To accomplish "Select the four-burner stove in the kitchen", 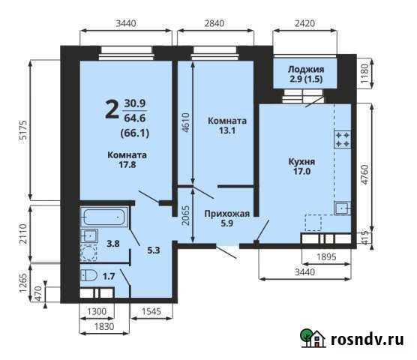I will [343, 139].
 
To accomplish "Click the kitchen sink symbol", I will [341, 208].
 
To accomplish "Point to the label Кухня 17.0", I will [301, 166].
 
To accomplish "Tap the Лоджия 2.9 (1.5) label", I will [305, 73].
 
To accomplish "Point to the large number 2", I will [111, 110].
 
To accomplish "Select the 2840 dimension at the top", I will [214, 24].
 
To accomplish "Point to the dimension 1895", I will [325, 257].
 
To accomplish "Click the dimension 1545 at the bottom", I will [152, 310].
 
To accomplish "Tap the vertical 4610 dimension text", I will [186, 120].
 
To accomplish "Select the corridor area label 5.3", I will [151, 250].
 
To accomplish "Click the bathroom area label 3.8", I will [113, 244].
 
